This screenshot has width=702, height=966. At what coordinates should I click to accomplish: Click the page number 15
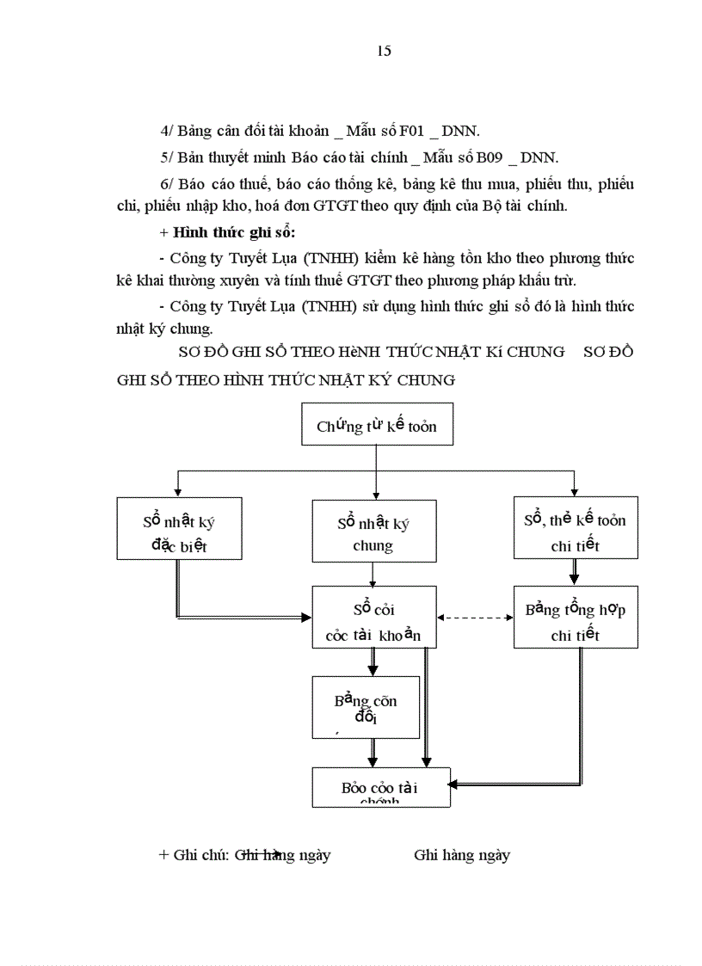click(x=384, y=51)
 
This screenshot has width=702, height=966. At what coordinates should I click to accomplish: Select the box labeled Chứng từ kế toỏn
click(x=376, y=426)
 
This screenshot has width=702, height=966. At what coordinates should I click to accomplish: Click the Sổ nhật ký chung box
click(x=373, y=533)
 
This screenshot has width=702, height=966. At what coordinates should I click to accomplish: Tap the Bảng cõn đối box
click(x=366, y=709)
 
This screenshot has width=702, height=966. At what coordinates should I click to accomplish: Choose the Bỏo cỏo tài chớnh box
click(x=380, y=787)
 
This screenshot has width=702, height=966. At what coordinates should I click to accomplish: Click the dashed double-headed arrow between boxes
click(x=475, y=618)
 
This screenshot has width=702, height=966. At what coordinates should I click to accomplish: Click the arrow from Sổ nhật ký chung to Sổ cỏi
click(x=373, y=575)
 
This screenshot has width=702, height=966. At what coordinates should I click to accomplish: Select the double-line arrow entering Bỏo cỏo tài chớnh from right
click(x=516, y=784)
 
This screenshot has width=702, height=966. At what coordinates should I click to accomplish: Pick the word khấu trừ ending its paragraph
click(x=544, y=280)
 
